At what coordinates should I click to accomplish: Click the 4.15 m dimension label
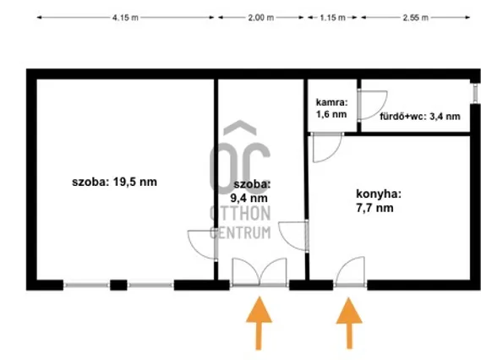pos(125,18)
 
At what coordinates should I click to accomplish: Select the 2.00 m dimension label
pos(260,18)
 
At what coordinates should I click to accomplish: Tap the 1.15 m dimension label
pos(332,18)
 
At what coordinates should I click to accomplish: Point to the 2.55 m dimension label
pos(415,18)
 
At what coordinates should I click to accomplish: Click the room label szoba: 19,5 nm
pos(114,182)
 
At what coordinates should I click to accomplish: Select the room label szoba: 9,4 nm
pos(250,191)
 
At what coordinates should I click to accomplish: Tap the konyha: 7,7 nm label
pos(379,201)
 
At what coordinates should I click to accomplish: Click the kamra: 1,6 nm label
pos(331,108)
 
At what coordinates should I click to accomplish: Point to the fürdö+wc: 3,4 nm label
pos(420,117)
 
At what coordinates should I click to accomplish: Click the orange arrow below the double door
pos(259,323)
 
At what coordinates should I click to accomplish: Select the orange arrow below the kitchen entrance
pos(349,323)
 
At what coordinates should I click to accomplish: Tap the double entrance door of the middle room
pos(260,272)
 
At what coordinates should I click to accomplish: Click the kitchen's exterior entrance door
pos(350,271)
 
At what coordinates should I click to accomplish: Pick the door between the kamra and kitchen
pos(327,148)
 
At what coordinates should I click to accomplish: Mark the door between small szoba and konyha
pos(293,236)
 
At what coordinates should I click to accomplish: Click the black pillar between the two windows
pos(118,285)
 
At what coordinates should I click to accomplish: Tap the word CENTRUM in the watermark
pos(240,232)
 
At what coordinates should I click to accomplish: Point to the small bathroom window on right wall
pos(475,93)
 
